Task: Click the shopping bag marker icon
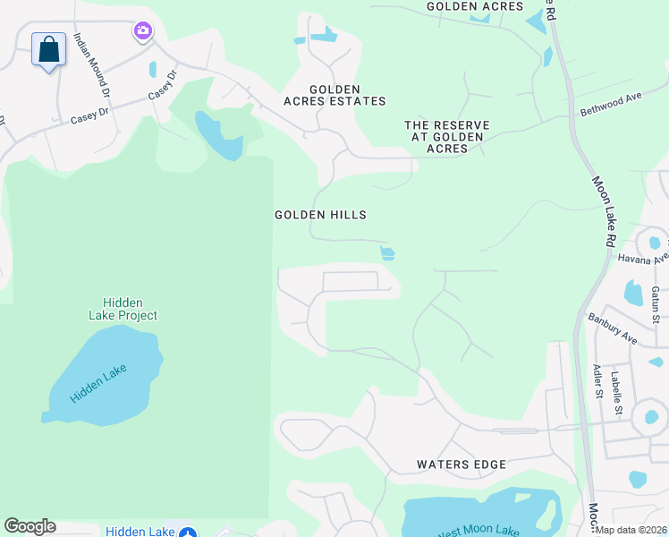pyautogui.click(x=49, y=49)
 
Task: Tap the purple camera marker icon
pyautogui.click(x=143, y=32)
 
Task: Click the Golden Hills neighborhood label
pyautogui.click(x=320, y=215)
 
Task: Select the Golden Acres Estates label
pyautogui.click(x=334, y=95)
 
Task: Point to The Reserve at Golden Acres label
pyautogui.click(x=444, y=137)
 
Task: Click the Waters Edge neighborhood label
pyautogui.click(x=462, y=465)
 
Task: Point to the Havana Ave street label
pyautogui.click(x=643, y=258)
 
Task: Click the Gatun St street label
pyautogui.click(x=656, y=304)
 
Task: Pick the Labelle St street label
pyautogui.click(x=617, y=393)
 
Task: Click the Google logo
pyautogui.click(x=30, y=526)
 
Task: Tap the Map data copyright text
pyautogui.click(x=631, y=530)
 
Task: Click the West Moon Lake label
pyautogui.click(x=479, y=529)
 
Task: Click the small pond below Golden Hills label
pyautogui.click(x=387, y=253)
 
